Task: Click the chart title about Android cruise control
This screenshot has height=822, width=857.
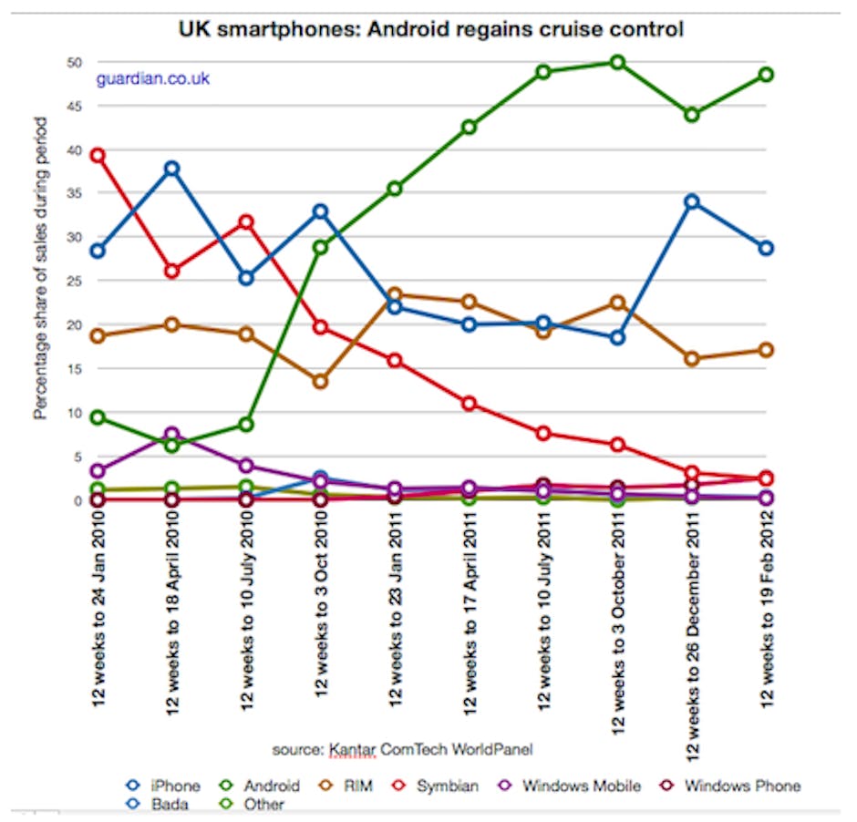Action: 430,30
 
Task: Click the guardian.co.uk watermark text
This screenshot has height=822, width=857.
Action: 153,78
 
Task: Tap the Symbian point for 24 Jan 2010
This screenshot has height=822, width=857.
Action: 98,156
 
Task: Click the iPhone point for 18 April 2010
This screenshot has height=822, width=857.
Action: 171,169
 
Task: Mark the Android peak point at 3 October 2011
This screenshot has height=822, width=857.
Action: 617,62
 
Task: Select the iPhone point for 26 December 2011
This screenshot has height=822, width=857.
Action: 692,201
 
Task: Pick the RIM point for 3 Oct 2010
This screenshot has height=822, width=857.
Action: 320,381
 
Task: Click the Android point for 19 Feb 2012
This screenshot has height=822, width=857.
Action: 766,75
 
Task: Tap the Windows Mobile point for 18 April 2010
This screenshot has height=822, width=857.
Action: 171,434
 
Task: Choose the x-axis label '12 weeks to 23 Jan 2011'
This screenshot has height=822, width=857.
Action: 395,620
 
